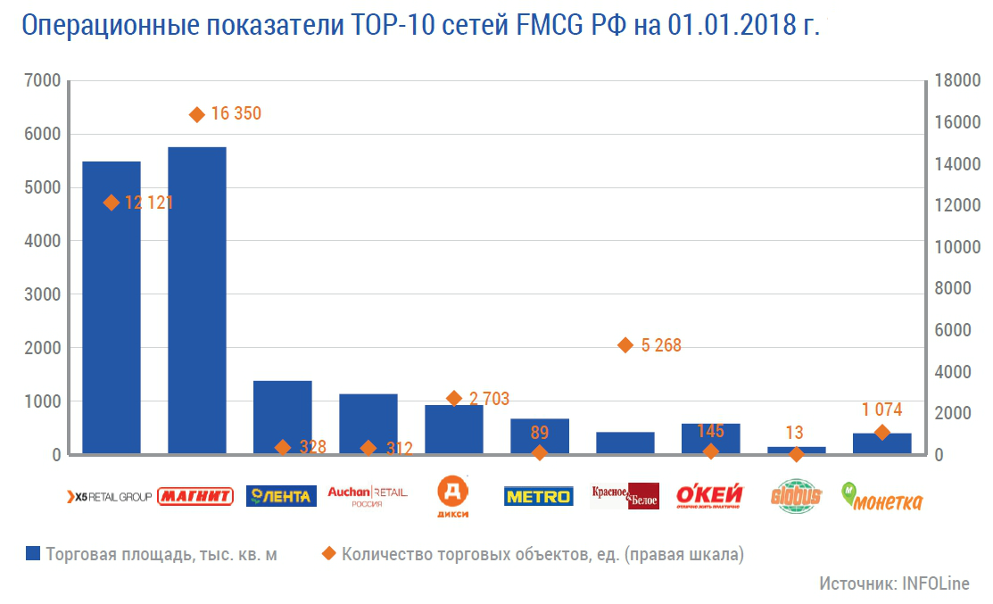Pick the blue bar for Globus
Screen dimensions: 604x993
pos(797,451)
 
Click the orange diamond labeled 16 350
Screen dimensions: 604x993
pos(197,114)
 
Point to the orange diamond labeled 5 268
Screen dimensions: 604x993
pos(625,345)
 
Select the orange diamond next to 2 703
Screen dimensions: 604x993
pos(454,399)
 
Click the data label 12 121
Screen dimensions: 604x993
pos(149,203)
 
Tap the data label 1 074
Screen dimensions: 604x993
pos(881,410)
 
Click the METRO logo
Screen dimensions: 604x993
pos(538,496)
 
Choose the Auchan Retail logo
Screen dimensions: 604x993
pos(368,495)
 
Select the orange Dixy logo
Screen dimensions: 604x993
pos(453,496)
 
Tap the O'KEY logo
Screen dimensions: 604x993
pos(711,496)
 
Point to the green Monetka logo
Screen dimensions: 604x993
pos(882,498)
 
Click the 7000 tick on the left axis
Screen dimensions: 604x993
pos(43,81)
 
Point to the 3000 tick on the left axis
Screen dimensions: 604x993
pos(43,294)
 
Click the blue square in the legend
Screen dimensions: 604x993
pos(33,554)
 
